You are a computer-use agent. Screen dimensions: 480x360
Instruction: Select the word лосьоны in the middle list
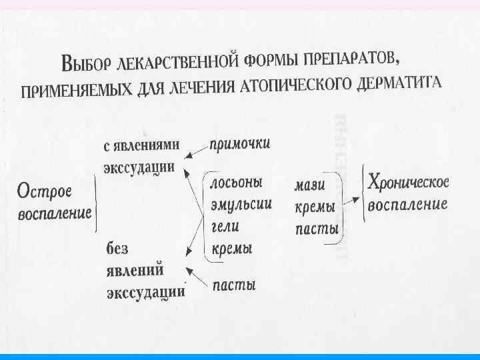click(x=236, y=182)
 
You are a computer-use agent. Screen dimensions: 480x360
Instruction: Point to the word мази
click(x=309, y=186)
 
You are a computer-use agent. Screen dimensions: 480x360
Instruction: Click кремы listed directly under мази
click(x=314, y=207)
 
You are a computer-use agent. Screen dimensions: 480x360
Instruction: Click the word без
click(x=117, y=248)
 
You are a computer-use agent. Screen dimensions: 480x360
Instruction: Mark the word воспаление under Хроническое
click(x=407, y=204)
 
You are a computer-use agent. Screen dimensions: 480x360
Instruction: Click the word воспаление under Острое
click(x=55, y=214)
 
